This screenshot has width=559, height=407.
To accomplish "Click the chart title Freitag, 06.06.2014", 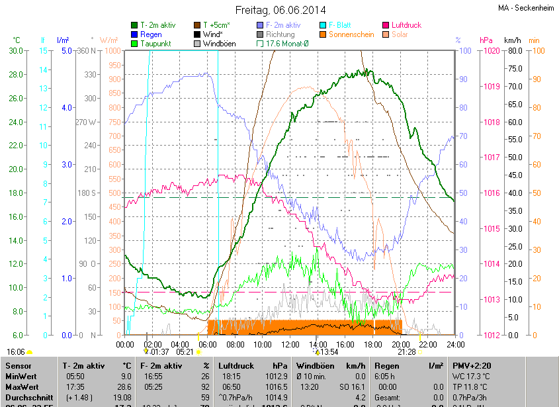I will tap(280, 10).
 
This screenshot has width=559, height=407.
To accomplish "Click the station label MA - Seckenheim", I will tap(526, 8).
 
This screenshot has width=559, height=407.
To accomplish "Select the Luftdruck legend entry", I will tap(406, 25).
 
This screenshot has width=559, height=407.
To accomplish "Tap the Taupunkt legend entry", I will tap(155, 44).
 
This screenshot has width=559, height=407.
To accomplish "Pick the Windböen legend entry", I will tap(219, 44).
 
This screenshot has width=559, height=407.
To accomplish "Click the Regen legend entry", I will tap(151, 34).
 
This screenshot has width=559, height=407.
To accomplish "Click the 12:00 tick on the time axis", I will tap(290, 344).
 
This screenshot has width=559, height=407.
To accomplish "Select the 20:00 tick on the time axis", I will tap(400, 344).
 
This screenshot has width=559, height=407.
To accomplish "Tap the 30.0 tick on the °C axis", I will tap(15, 51).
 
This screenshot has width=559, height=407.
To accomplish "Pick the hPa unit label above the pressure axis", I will tap(486, 40).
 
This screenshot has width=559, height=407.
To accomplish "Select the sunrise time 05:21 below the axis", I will tap(185, 352).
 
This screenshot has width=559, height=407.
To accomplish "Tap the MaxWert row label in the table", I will tap(21, 386).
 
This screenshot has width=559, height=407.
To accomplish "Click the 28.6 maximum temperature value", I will tap(124, 386).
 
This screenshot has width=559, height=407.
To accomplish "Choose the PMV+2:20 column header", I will tap(472, 365).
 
